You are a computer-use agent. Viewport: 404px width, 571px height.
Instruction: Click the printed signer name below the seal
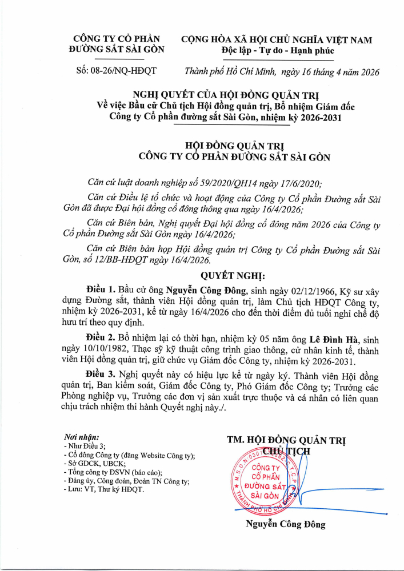[286, 524]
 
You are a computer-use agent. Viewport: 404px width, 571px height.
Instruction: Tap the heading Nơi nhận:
[82, 437]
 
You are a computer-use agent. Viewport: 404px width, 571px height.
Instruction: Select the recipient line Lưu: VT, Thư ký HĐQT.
[107, 490]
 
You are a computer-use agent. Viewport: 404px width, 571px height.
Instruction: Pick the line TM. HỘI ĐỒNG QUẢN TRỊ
[286, 439]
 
